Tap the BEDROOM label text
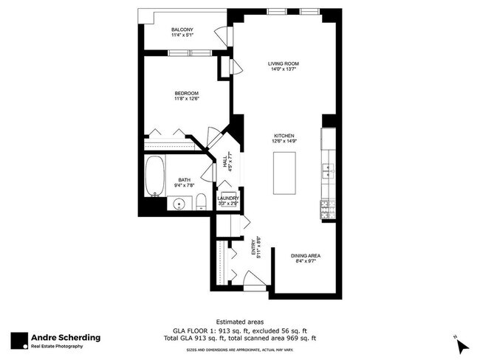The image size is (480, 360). coord(186,92)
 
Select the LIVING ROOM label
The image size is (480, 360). coord(281,63)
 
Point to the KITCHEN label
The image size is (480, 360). coord(284,136)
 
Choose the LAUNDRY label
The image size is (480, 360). coord(227,198)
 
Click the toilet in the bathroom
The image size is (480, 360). coord(201,203)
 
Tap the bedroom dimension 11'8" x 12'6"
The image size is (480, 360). coord(186,99)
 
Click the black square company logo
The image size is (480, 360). coord(19,339)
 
